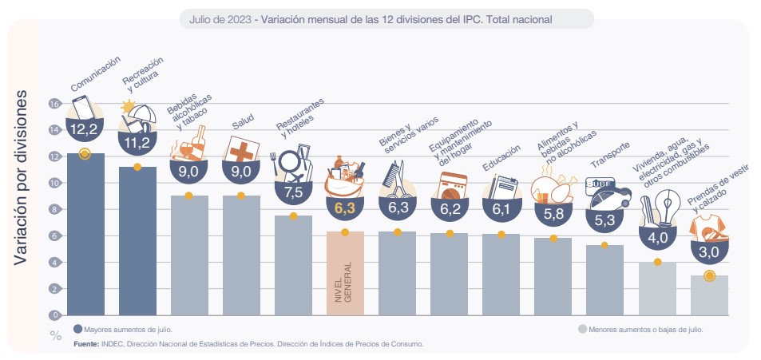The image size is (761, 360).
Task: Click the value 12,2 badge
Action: tap(84, 129)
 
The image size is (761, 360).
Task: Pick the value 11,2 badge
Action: tap(137, 143)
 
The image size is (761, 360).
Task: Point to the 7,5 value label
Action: tap(292, 192)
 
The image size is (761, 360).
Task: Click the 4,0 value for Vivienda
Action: tap(657, 237)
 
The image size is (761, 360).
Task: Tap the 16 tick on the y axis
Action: tap(54, 104)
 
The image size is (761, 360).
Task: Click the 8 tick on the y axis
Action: tap(54, 209)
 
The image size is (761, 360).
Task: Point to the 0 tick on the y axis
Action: tap(54, 315)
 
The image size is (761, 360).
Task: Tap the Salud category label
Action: tap(243, 123)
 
